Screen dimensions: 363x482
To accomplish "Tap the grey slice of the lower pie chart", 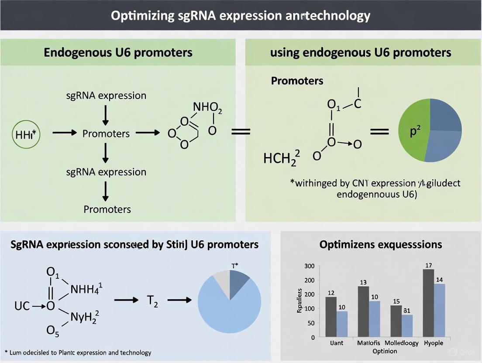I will tap(220, 279).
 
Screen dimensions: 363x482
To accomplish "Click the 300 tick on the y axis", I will tap(309, 267).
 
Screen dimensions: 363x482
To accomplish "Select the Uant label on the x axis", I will tap(337, 343).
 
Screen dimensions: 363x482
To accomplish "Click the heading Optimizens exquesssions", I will tap(381, 244).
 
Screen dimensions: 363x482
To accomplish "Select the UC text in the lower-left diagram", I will tap(21, 306).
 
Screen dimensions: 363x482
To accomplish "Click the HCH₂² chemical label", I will tap(282, 158).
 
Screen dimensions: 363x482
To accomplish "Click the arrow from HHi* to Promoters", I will tap(64, 133).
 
